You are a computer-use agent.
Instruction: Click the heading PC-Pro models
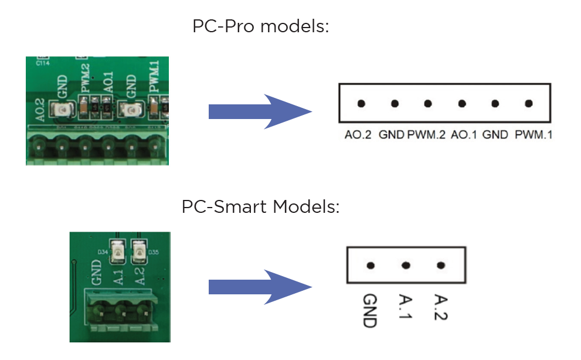click(x=260, y=26)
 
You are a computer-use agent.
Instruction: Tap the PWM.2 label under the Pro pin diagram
click(x=427, y=135)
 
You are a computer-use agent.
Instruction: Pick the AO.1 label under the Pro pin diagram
click(x=464, y=135)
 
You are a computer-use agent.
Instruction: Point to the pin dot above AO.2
click(x=361, y=104)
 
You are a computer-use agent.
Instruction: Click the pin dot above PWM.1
click(x=529, y=104)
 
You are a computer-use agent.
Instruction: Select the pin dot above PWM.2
click(x=428, y=104)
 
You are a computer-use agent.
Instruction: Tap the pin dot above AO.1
click(x=462, y=104)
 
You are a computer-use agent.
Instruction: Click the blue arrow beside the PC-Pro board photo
click(x=258, y=111)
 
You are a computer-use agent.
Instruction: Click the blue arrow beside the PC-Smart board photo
click(x=258, y=287)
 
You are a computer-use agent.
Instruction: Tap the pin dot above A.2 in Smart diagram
click(x=441, y=265)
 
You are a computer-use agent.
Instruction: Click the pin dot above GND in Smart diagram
click(x=371, y=265)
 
